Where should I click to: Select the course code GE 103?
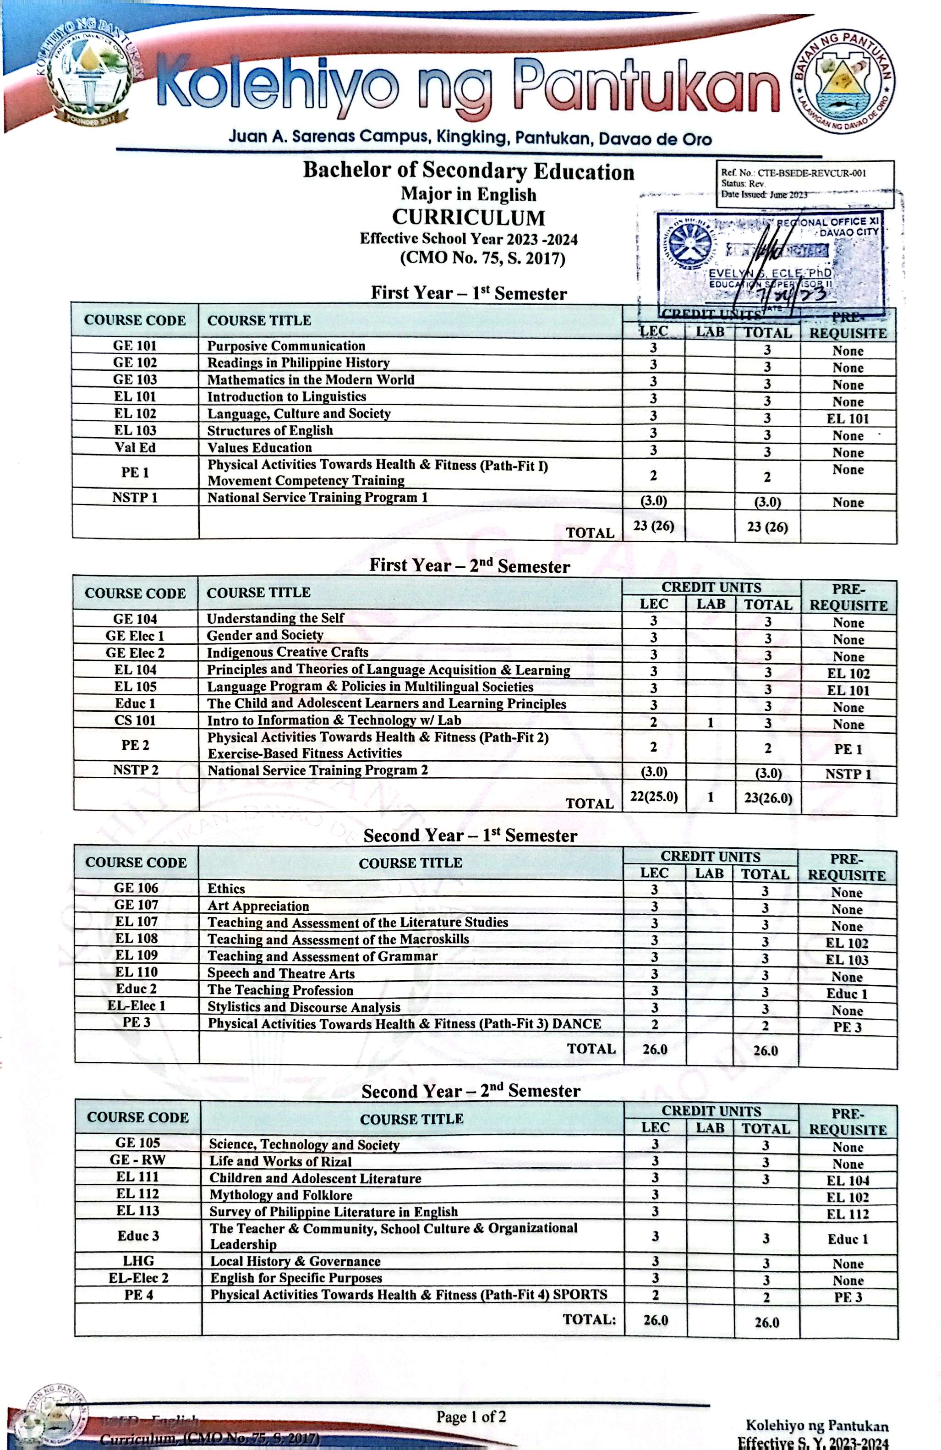135,379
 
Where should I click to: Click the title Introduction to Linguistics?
286,396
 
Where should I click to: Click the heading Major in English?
468,194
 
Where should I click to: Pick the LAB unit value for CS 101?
710,723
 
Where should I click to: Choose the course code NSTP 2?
135,770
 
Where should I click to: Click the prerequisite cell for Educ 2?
846,994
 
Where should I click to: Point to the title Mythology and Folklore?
281,1195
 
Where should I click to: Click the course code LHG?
138,1261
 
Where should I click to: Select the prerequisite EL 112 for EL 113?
847,1214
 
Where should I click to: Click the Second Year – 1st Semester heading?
470,835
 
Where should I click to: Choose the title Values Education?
259,448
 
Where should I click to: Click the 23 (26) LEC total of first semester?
653,526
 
